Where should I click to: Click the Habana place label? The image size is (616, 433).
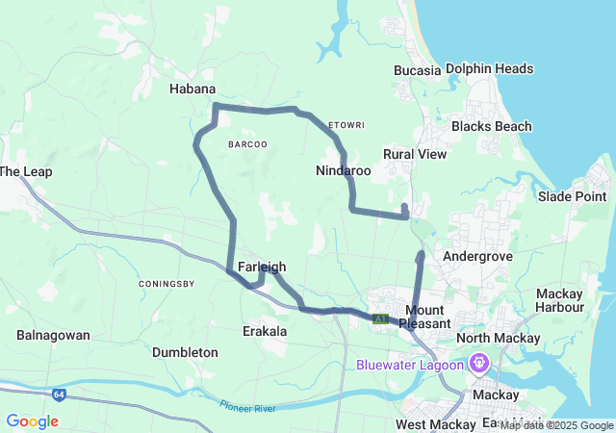192,89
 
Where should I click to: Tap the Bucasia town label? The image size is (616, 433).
417,70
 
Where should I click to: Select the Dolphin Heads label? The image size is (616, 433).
489,69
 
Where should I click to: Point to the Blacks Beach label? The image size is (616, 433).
491,127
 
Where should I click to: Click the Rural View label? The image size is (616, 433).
415,154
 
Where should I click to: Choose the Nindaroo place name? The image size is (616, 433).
343,170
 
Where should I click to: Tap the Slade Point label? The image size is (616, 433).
572,196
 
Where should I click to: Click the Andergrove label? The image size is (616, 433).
474,257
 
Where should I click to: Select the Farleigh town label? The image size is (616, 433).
261,267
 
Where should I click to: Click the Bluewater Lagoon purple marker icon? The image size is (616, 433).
479,364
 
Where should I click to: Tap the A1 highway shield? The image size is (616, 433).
381,318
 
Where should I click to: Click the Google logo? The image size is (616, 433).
32,421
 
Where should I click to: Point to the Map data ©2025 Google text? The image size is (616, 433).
555,425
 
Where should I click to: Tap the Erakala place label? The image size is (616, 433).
263,331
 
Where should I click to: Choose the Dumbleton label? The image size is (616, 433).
185,353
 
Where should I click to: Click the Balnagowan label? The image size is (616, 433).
53,335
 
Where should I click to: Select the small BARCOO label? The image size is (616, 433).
247,144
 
